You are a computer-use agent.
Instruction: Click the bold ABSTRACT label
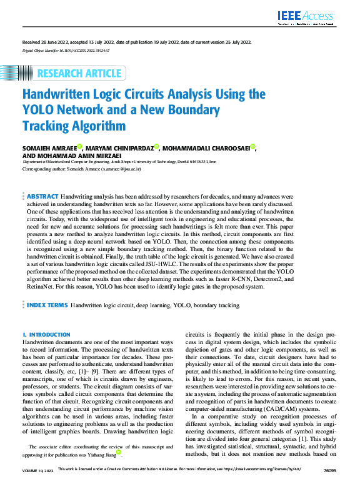tap(42, 196)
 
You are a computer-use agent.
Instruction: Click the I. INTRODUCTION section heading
tap(47, 335)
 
